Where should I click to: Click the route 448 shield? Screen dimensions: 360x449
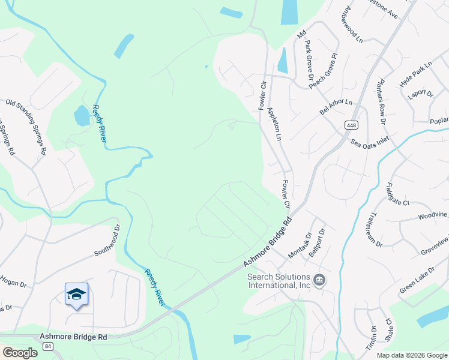coord(351,125)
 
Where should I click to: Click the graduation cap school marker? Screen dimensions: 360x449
coord(76,294)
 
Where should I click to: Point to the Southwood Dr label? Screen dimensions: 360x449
coord(107,240)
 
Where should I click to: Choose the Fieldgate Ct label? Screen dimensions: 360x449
coord(397,196)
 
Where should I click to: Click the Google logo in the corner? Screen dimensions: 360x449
coord(19,353)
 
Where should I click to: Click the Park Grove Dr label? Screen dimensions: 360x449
coord(309,61)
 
